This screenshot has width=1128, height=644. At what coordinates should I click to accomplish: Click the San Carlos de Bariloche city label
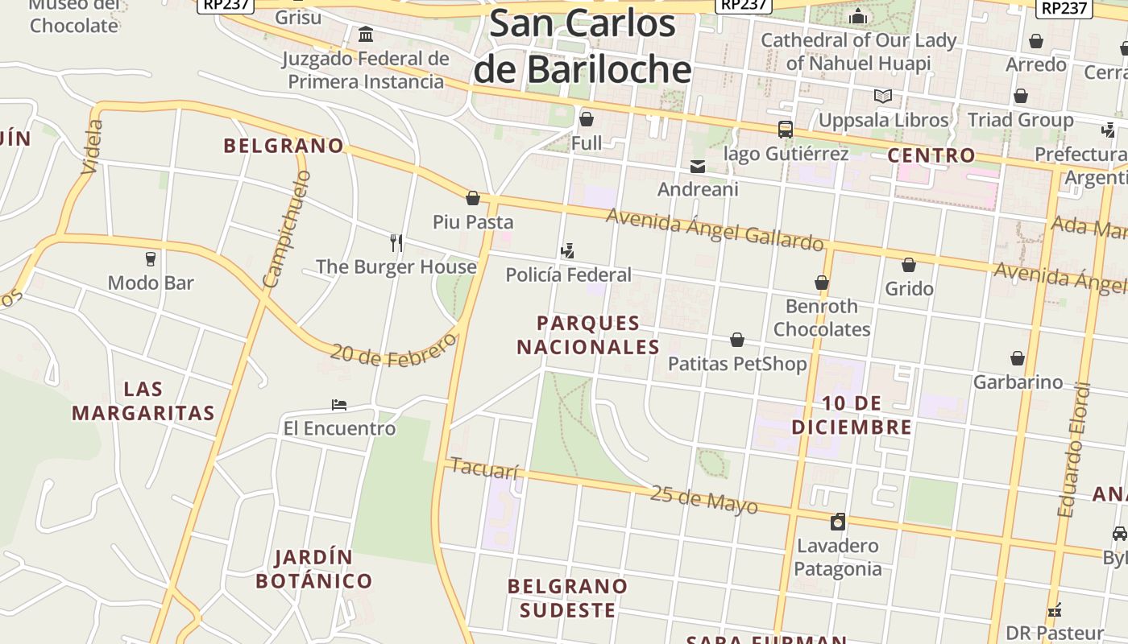pos(583,47)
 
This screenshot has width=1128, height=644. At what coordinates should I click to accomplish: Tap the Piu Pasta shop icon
pos(473,198)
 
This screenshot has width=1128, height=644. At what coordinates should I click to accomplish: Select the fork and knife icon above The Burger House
pos(396,242)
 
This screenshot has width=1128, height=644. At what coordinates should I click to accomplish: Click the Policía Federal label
pos(568,275)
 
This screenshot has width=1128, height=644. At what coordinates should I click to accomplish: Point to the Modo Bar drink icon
pos(151,259)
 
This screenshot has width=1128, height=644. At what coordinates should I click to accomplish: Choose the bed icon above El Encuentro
pos(339,404)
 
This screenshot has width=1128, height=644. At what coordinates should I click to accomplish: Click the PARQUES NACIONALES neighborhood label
pos(588,335)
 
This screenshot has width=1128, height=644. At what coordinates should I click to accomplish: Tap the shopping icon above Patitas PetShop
pos(737,340)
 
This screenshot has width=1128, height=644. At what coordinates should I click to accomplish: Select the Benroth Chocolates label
pos(822,318)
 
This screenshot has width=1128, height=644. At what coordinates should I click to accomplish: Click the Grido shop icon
pos(909,265)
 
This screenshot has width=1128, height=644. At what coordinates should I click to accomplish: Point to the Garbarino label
pos(1018,382)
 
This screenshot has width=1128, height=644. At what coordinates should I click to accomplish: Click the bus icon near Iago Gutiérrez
pos(785,130)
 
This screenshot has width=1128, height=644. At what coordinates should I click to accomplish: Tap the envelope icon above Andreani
pos(698,167)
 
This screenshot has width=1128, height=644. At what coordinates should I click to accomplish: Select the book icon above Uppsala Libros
pos(883,97)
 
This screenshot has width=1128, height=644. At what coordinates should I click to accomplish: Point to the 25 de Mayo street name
pos(703,499)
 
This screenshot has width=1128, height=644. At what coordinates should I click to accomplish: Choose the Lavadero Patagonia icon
pos(838,522)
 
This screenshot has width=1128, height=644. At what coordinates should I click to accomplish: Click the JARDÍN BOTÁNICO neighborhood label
pos(313,569)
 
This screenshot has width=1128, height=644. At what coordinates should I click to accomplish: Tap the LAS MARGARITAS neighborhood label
pos(143,401)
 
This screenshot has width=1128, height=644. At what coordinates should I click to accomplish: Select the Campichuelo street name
pos(286,229)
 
